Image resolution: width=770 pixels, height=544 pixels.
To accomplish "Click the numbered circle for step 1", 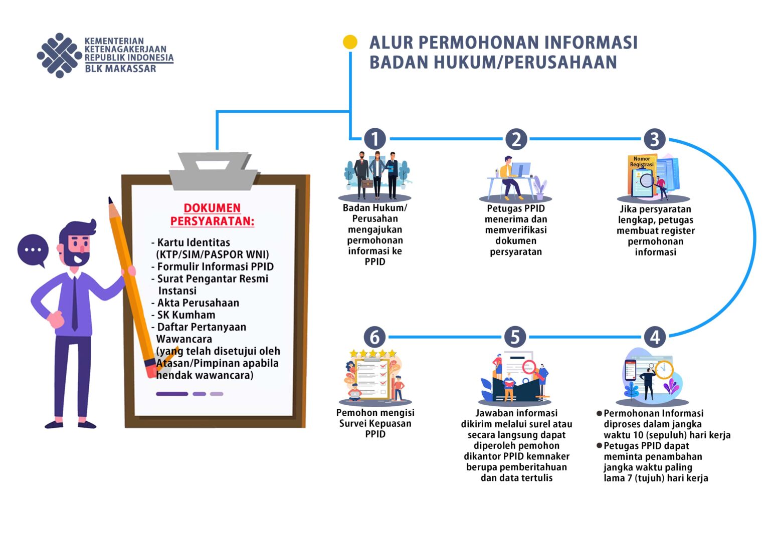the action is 375,139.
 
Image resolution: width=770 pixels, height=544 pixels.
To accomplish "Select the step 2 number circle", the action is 516,139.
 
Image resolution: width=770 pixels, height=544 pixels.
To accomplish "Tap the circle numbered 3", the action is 655,139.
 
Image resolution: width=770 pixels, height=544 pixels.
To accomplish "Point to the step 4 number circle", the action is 655,337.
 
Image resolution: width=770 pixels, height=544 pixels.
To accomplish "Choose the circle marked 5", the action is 515,337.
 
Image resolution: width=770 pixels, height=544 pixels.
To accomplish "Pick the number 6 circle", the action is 375,337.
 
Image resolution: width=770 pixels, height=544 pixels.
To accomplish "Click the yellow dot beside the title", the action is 350,42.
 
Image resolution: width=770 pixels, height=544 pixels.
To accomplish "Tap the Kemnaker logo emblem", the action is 60,55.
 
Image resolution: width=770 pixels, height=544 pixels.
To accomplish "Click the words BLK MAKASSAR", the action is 120,69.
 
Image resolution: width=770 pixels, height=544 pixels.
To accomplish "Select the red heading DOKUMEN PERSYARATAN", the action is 212,215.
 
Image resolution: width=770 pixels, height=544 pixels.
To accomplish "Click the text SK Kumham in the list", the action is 186,315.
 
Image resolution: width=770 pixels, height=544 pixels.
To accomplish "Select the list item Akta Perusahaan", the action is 198,303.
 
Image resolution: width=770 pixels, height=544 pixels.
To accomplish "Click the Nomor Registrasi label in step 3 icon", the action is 642,161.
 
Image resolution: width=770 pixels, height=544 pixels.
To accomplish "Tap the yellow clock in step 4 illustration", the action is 664,370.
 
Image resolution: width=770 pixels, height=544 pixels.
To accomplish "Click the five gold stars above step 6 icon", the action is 373,353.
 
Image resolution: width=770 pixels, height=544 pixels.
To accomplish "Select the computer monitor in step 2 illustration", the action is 520,169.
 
